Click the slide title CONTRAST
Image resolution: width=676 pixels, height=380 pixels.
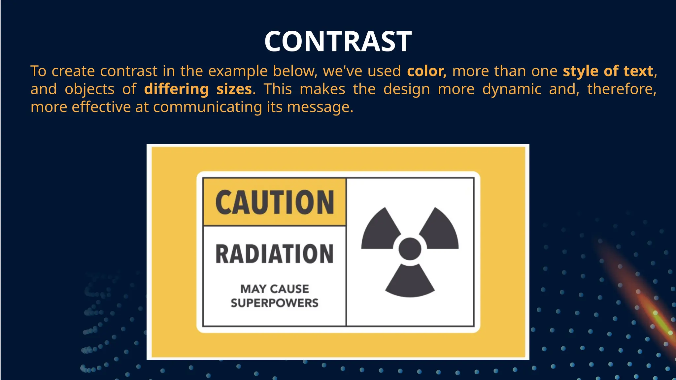coord(338,41)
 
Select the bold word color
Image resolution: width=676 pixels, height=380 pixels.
coord(426,71)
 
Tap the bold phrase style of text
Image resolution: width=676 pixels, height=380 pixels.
coord(608,71)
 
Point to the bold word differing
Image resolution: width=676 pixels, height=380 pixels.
coord(176,89)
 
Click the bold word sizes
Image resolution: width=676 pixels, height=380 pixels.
coord(234,89)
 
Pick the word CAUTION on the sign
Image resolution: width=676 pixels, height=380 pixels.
coord(275,202)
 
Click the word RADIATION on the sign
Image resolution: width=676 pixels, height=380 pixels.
coord(275,254)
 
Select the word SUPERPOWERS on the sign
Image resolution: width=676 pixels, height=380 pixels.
coord(275,303)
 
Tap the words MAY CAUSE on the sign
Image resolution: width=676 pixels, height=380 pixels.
coord(275,289)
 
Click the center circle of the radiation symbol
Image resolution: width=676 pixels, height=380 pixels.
coord(410,249)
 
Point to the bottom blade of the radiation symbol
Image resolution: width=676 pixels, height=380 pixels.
coord(410,282)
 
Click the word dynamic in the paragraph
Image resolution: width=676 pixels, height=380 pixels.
coord(512,89)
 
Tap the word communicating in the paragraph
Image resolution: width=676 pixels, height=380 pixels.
coord(207,107)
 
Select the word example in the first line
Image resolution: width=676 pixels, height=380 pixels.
coord(238,71)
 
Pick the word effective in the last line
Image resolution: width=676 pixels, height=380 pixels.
coord(101,107)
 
